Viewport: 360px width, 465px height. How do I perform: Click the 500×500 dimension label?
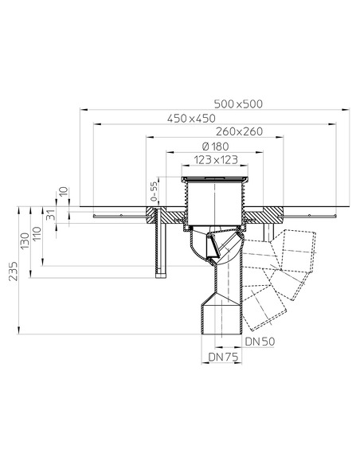click(240, 104)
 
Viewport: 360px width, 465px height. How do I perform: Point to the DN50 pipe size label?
click(259, 342)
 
